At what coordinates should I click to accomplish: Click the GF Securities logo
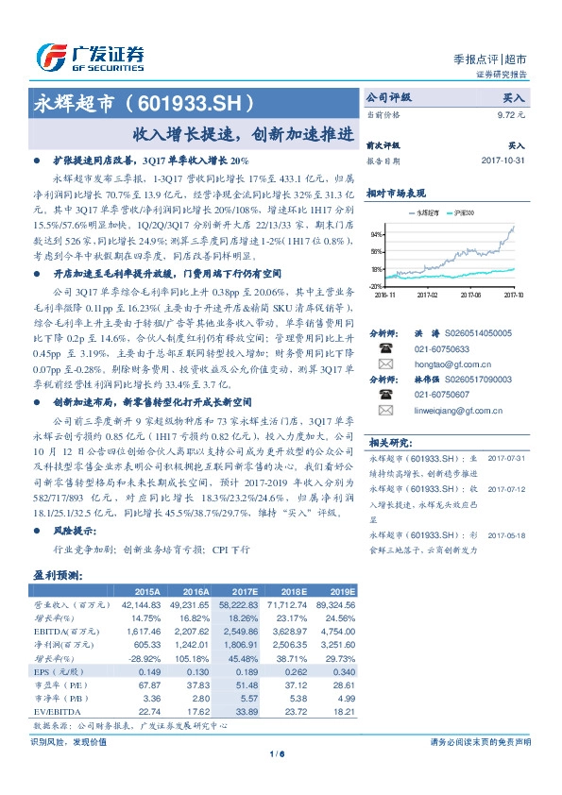90,56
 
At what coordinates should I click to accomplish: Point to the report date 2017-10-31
502,161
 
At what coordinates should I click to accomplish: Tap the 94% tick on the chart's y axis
376,233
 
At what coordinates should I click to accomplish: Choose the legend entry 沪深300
465,214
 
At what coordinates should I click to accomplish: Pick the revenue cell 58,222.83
239,601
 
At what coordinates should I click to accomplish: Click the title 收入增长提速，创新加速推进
244,133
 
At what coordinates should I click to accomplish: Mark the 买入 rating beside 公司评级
514,96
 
